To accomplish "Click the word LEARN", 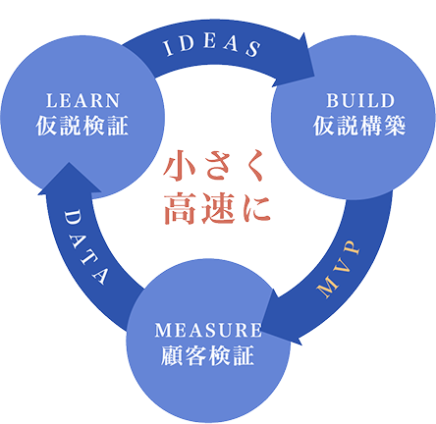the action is [82, 100].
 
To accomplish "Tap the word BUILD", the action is [360, 100].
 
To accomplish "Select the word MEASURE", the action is [208, 330].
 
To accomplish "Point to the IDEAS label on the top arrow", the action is [212, 46].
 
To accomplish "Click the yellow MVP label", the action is [339, 269].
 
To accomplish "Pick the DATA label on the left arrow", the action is [85, 247].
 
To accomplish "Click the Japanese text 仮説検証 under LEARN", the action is [82, 126].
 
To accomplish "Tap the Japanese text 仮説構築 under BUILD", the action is [359, 126].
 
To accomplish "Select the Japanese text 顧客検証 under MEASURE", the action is [207, 355].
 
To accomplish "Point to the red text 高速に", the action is [217, 208].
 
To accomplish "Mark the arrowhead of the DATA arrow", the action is [70, 180].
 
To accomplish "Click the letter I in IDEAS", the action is [168, 49].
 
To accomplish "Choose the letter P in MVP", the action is [352, 248].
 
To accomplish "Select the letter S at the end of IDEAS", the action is [253, 49].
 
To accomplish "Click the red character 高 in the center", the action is [180, 208].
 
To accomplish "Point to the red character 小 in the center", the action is [180, 166].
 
